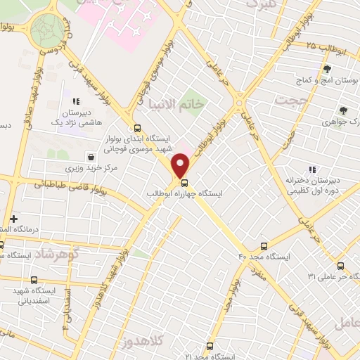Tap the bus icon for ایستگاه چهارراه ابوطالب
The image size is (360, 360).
[185, 182]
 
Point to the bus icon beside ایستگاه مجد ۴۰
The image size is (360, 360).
[264, 246]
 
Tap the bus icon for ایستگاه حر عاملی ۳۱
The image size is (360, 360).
[340, 266]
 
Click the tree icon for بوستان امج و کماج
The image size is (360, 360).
[328, 69]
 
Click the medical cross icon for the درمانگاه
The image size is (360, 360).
[13, 219]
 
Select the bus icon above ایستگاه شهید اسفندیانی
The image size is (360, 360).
[34, 280]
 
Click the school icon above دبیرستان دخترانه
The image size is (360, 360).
[312, 169]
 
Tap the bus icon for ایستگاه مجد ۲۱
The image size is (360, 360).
[210, 346]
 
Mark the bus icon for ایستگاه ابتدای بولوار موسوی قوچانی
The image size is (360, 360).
[136, 128]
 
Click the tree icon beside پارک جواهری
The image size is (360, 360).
[342, 110]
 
